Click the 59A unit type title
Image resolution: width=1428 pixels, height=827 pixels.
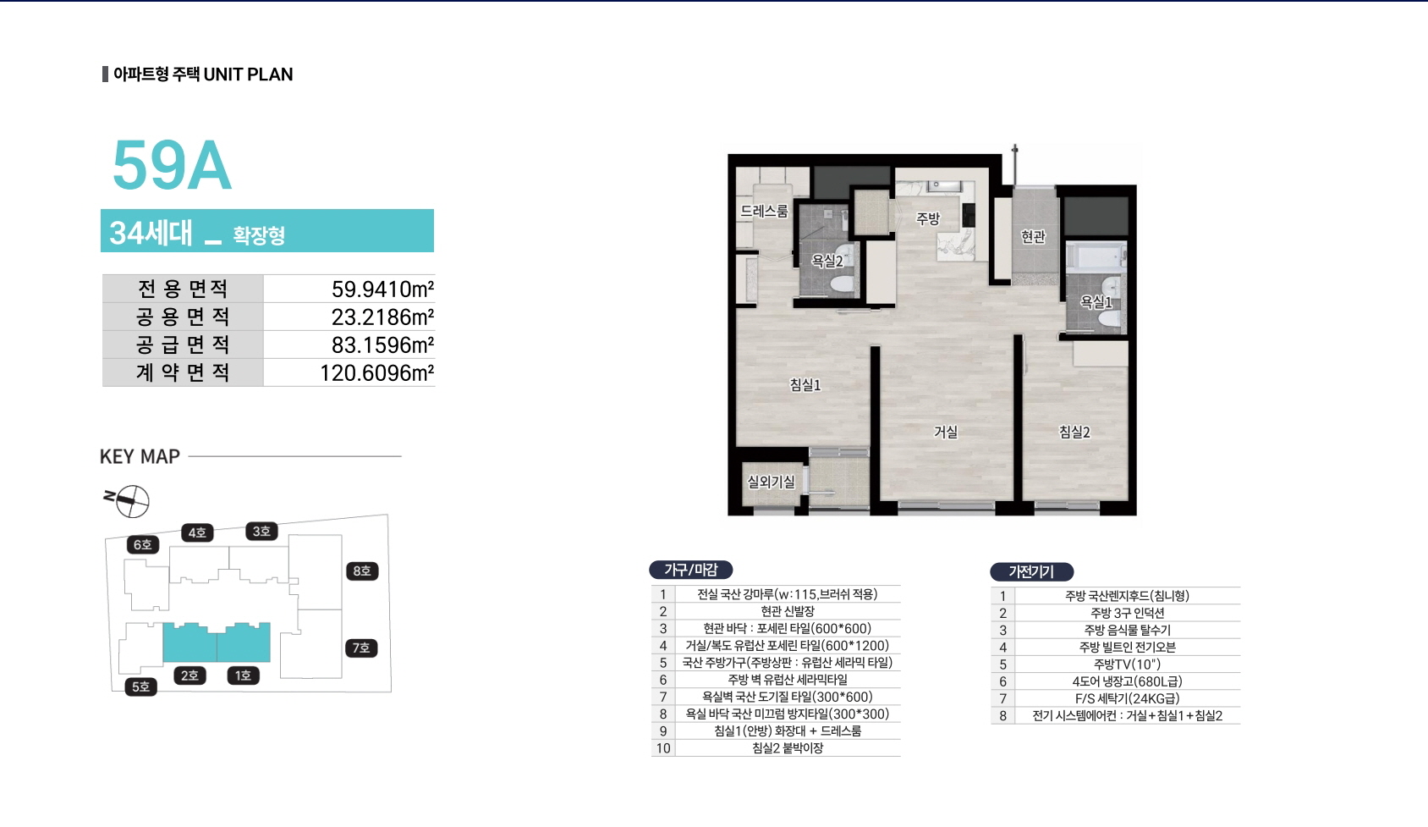click(172, 165)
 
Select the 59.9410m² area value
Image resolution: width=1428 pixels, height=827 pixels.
click(382, 289)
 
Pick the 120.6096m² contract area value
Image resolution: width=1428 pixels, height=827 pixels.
click(376, 372)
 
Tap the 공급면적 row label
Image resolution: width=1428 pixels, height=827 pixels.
click(183, 345)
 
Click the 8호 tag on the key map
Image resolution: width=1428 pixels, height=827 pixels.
click(362, 571)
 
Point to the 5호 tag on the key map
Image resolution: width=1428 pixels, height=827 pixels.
click(141, 686)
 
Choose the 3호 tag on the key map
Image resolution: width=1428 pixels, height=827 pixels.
click(261, 531)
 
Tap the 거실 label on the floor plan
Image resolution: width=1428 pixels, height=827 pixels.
click(946, 432)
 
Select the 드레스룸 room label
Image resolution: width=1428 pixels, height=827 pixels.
click(764, 211)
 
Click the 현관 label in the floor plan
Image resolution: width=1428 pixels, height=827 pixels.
click(1033, 237)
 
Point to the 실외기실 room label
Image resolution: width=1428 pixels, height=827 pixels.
click(771, 482)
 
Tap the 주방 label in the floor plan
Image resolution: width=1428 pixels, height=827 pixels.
click(927, 219)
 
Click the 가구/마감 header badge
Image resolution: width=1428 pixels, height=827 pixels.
click(691, 569)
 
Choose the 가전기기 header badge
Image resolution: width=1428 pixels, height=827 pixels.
click(1031, 571)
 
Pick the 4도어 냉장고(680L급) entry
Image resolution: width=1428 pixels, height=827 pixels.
click(1127, 681)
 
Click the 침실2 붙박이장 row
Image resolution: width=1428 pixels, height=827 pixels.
click(788, 748)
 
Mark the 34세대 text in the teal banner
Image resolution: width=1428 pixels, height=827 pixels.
click(151, 232)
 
